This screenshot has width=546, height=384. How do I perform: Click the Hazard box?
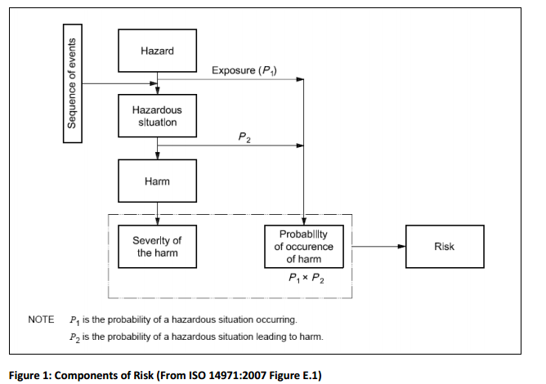[x=158, y=51]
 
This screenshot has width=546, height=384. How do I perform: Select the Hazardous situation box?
[x=158, y=116]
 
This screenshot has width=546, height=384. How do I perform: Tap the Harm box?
[x=158, y=181]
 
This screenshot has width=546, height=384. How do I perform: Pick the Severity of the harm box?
[x=158, y=247]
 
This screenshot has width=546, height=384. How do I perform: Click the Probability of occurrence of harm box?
[x=304, y=247]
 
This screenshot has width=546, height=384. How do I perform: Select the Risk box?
[x=445, y=247]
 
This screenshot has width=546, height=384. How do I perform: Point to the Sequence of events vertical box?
[x=73, y=83]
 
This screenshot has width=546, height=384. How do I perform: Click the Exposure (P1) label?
[x=244, y=71]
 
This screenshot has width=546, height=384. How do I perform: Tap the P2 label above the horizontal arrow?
[x=244, y=137]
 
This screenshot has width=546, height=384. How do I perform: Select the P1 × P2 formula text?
[x=307, y=278]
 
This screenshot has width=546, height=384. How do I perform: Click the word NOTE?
[x=41, y=319]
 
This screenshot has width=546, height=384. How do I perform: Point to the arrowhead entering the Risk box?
[x=401, y=247]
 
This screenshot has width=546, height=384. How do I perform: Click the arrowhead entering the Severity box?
[x=158, y=221]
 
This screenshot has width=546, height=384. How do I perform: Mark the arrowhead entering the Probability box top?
[x=304, y=221]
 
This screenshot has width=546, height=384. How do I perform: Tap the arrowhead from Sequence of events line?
[x=154, y=83]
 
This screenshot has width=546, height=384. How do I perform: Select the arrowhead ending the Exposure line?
[x=300, y=79]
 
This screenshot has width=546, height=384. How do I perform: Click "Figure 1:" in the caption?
[x=30, y=375]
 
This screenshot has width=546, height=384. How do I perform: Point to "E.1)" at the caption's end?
[x=312, y=375]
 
